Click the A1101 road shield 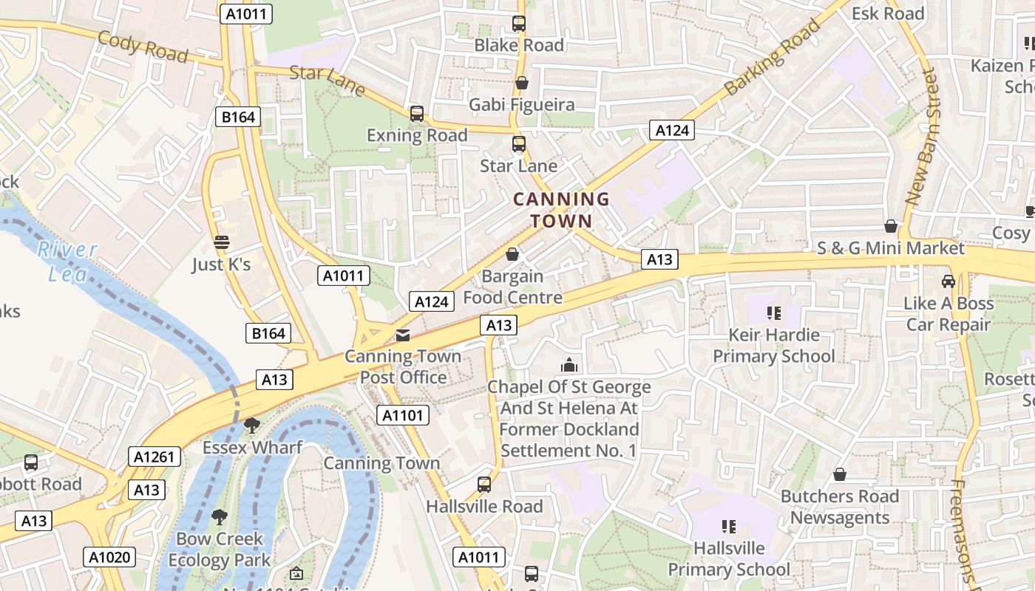[403, 415]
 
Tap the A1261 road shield [155, 457]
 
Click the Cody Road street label [143, 47]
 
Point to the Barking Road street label [773, 57]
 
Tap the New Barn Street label [921, 137]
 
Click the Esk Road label [888, 13]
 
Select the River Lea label [67, 262]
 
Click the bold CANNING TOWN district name [561, 210]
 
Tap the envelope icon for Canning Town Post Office [402, 335]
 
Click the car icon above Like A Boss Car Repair [949, 281]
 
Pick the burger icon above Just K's [221, 242]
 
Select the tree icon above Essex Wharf [252, 425]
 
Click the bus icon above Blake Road [519, 23]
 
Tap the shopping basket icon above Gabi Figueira [522, 83]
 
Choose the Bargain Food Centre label [512, 287]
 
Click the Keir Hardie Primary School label [773, 345]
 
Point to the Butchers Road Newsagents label [840, 507]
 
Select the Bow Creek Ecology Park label [220, 549]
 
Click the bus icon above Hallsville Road [484, 485]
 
